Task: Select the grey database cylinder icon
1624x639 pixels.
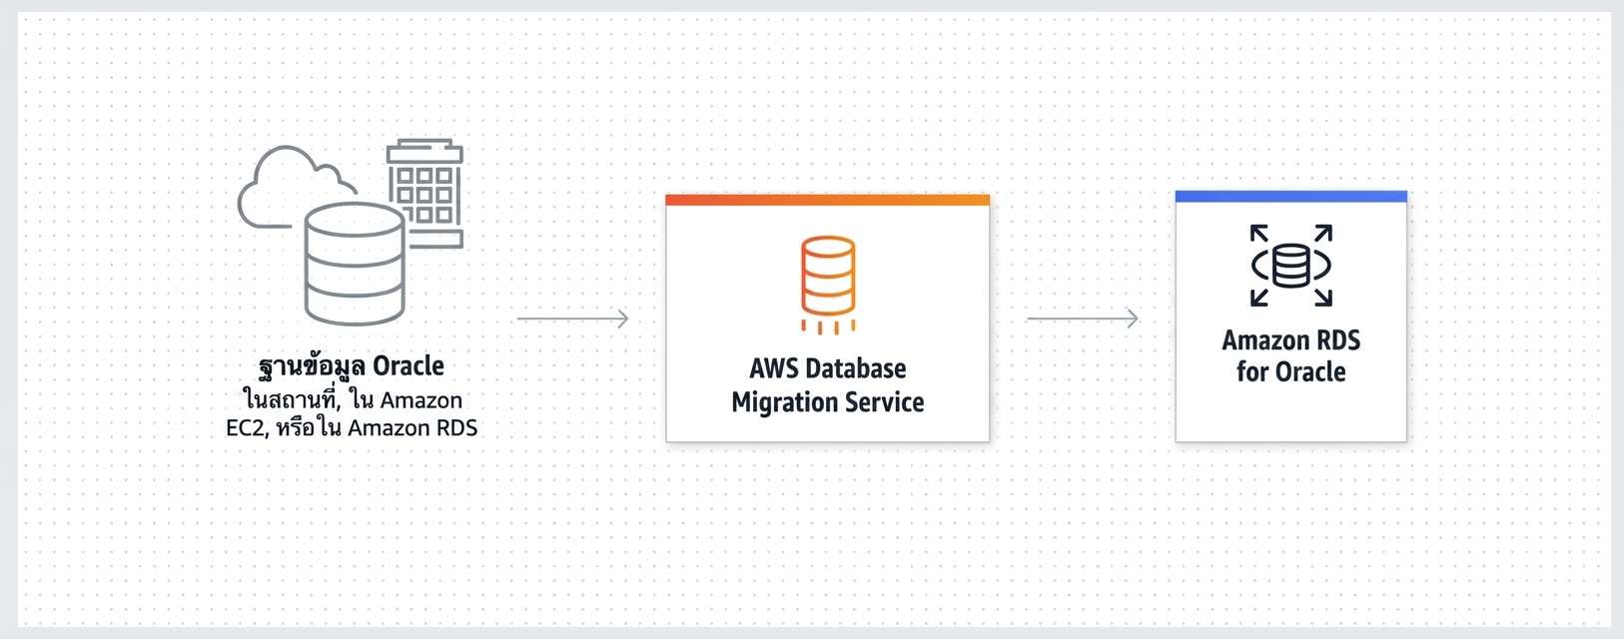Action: coord(355,264)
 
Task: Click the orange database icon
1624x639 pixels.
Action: coord(828,285)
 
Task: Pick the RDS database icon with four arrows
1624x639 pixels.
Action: coord(1291,266)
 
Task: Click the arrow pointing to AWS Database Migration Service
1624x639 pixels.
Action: coord(572,319)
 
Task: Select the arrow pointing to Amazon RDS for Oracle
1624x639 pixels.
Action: coord(1083,319)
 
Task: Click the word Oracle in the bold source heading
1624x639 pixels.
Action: coord(408,365)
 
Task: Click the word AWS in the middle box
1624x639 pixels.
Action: coord(774,368)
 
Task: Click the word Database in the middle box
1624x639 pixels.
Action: coord(857,368)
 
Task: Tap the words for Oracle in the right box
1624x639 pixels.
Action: coord(1291,371)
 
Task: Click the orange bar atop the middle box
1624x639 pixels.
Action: coord(828,200)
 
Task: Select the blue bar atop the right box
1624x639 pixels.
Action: coord(1291,197)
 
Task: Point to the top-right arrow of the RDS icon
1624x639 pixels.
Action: coord(1323,234)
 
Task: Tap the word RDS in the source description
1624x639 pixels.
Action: coord(455,428)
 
